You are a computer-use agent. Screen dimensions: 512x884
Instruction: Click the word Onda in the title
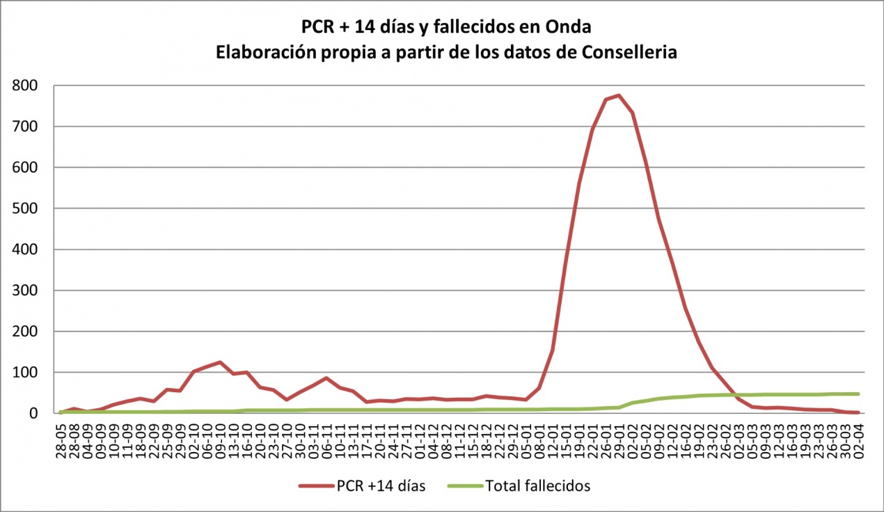click(x=571, y=27)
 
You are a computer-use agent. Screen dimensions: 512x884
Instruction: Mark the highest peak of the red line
click(x=619, y=95)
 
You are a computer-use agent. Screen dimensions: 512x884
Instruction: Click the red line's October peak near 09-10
click(x=220, y=362)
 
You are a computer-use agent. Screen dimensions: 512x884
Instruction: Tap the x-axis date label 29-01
click(x=619, y=437)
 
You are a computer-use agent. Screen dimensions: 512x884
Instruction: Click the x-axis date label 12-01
click(x=552, y=437)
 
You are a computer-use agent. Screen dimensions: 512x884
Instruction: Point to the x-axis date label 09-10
click(x=220, y=437)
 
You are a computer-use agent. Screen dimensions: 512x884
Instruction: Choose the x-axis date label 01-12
click(x=419, y=437)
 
